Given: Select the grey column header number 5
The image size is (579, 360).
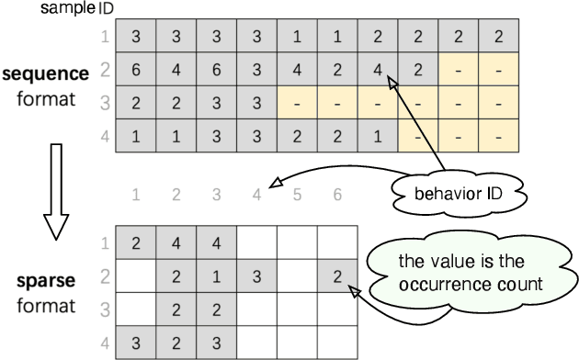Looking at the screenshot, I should [x=297, y=194].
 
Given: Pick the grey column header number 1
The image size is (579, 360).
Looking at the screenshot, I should [x=137, y=194].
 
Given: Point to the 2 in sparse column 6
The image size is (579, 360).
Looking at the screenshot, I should [x=337, y=275].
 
